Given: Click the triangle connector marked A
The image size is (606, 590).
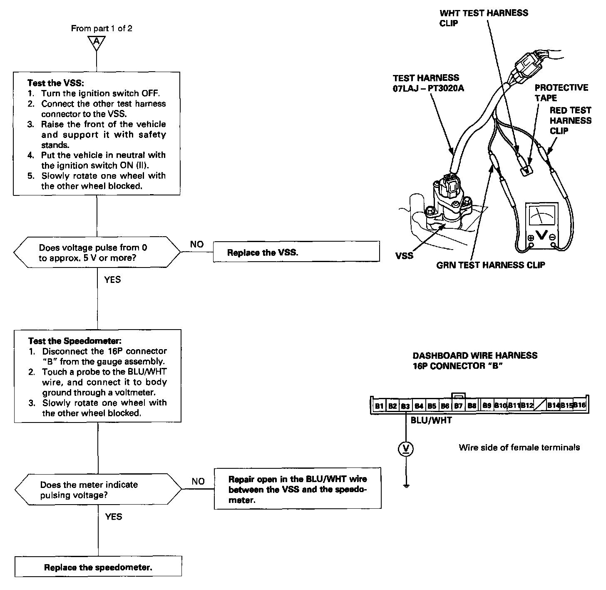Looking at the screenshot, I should coord(97,42).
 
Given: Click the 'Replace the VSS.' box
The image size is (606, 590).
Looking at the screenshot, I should coord(296,252).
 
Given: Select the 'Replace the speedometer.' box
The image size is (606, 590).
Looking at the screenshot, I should coord(98,567).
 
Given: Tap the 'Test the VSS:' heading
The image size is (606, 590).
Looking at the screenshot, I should coord(55,83).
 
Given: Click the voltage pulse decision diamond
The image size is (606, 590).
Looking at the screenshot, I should coord(97,252).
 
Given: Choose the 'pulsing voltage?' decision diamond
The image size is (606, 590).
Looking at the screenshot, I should coord(98,490).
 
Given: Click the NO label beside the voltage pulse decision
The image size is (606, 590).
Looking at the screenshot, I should coord(197,245).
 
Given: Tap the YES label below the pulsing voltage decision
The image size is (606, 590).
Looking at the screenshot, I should coord(114,517).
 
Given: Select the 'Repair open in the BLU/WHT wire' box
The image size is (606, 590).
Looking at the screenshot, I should coord(298,489).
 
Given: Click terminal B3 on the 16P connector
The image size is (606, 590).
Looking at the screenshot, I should coord(405,405).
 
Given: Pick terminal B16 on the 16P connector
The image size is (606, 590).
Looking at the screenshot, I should coord(579,405).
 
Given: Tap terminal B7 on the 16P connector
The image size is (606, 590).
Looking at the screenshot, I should coord(458,405).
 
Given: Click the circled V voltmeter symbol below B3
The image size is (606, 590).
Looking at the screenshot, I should coord(406,449).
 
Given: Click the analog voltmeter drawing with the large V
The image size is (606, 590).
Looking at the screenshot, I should coord(541,226).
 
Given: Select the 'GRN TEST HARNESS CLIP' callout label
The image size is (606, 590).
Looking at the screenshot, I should coord(490,265).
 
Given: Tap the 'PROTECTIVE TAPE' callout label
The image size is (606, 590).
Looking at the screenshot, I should coord(561,92).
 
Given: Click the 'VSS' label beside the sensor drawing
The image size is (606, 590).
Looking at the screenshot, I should coord(404,255).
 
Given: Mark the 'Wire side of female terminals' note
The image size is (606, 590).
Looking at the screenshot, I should coord(519,447).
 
